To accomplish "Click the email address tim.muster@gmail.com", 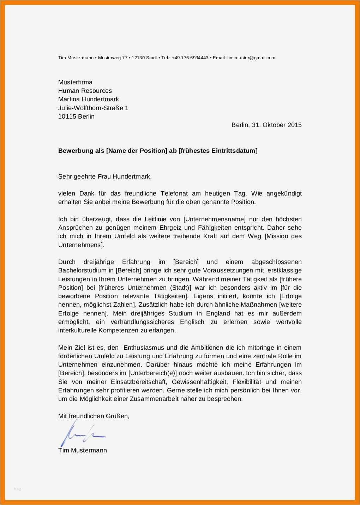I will (251, 58).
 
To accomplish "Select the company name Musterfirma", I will (75, 82).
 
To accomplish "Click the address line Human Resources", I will (85, 91).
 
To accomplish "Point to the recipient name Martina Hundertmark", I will (88, 99).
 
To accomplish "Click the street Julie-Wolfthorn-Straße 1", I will (93, 108).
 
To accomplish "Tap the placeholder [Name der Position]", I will (136, 151).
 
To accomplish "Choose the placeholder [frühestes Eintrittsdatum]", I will (218, 151).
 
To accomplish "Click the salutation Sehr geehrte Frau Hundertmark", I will (104, 176).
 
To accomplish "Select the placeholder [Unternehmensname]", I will (214, 219).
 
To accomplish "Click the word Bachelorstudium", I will (77, 270).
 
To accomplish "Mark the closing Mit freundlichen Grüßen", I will (94, 416).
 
